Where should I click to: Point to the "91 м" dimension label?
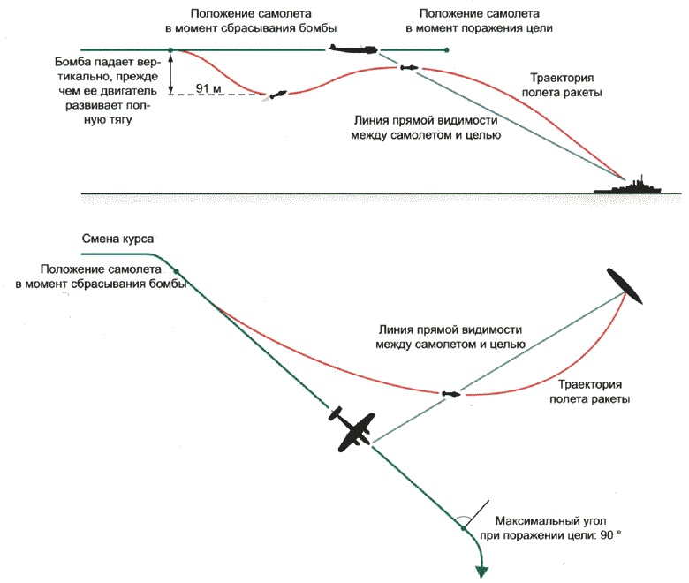pyautogui.click(x=209, y=88)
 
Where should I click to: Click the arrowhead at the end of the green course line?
pyautogui.click(x=482, y=571)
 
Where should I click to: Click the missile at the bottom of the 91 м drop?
pyautogui.click(x=277, y=94)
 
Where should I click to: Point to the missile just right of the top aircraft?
pyautogui.click(x=408, y=67)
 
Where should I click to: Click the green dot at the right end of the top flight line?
pyautogui.click(x=448, y=49)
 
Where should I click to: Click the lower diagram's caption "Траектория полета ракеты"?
pyautogui.click(x=594, y=392)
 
